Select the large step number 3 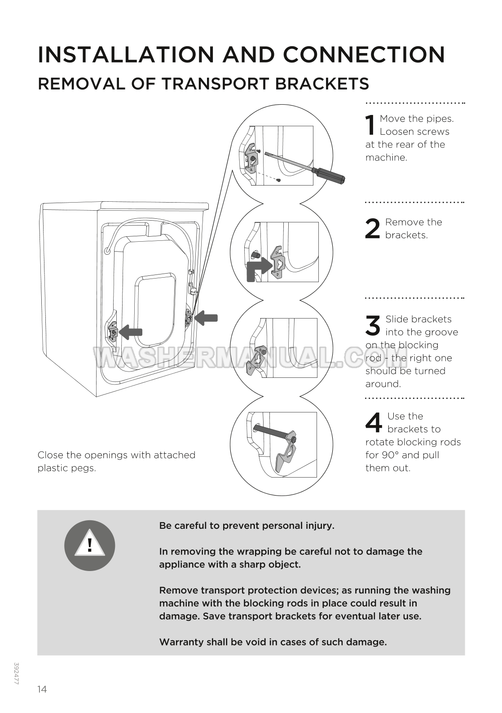[373, 325]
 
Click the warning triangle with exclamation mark [90, 545]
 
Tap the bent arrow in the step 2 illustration [258, 269]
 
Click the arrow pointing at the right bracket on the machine [207, 318]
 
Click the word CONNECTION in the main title [364, 55]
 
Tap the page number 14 [42, 689]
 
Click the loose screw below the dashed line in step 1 [279, 180]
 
